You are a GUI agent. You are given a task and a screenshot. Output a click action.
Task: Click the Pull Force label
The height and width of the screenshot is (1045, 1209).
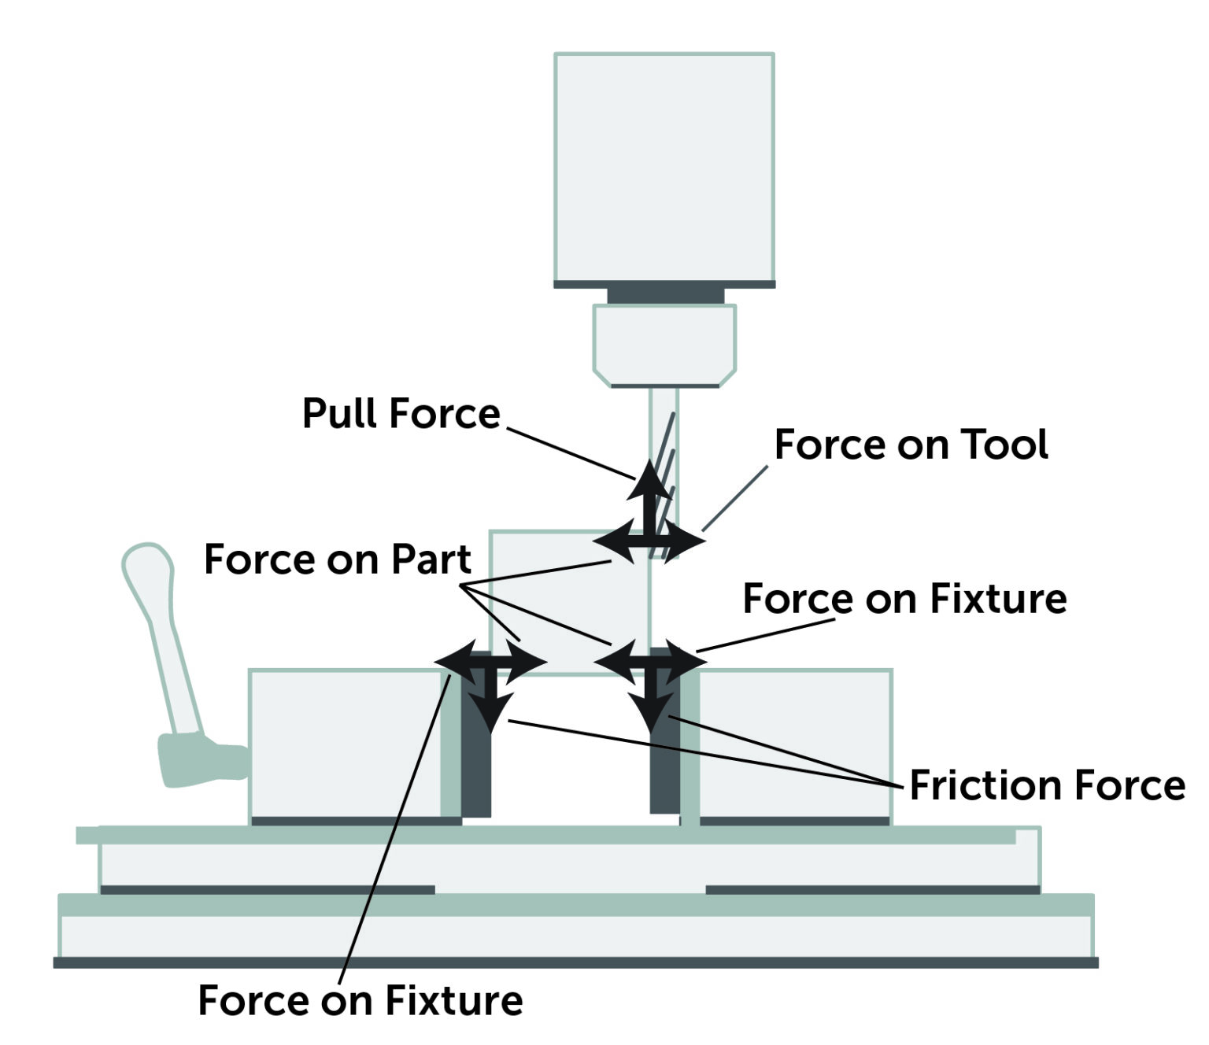pos(401,413)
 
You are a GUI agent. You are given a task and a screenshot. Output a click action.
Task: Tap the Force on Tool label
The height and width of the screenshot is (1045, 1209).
pos(911,445)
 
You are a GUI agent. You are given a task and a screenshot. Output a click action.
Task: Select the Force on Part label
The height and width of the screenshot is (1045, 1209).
pos(337,559)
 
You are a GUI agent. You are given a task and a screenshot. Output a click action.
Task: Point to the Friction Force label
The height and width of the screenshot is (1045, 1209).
pos(1047,785)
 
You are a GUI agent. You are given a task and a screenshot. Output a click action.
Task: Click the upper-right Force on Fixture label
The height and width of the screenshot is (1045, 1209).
pos(904,599)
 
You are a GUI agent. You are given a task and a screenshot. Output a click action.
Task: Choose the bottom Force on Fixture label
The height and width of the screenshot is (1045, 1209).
pos(360,1000)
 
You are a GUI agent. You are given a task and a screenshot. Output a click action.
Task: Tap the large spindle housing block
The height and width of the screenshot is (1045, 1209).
pos(664,167)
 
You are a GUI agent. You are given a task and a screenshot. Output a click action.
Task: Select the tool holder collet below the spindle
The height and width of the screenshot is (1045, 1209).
pos(664,344)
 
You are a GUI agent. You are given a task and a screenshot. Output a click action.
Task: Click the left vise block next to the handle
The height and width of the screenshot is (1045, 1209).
pos(345,744)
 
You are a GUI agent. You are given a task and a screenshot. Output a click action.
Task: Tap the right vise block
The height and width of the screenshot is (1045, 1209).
pos(795,744)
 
